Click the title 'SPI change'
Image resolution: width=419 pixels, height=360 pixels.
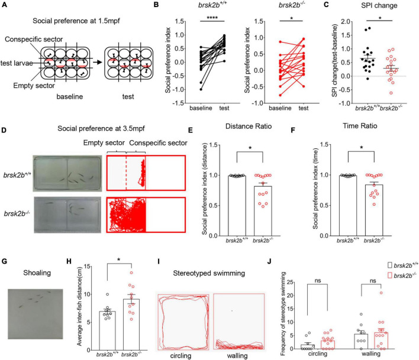tap(353, 8)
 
